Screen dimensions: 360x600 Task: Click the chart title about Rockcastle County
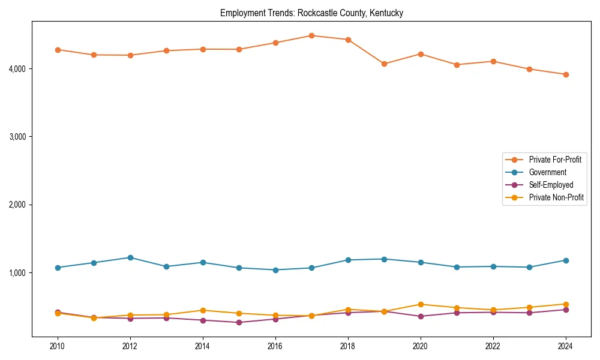(x=311, y=13)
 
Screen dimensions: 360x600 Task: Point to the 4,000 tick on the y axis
(x=18, y=69)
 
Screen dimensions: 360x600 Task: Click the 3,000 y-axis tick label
(x=18, y=137)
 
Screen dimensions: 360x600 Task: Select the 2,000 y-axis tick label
(x=18, y=205)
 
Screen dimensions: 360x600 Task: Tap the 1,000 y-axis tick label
(x=18, y=273)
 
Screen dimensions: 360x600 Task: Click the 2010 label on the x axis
(x=58, y=346)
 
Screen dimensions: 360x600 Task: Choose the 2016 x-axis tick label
(x=275, y=346)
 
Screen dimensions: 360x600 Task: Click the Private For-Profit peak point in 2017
(x=311, y=35)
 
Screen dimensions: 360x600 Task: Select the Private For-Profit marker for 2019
(x=384, y=64)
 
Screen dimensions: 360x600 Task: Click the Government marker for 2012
(x=130, y=257)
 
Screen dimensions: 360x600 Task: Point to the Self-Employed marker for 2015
(x=239, y=322)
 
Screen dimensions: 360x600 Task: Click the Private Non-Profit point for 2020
(x=421, y=304)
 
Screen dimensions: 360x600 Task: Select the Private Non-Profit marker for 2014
(x=203, y=310)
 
